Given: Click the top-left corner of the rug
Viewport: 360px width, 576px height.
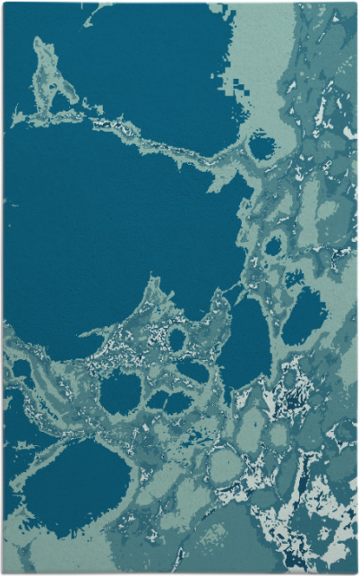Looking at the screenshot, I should click(x=4, y=3).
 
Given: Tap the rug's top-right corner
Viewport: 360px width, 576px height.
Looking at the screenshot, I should click(x=356, y=3).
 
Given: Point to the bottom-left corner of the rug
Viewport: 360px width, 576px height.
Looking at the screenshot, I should click(x=4, y=572).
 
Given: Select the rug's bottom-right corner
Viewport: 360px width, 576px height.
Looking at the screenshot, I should click(x=356, y=572).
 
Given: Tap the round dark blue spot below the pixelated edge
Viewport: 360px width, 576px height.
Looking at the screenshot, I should click(x=261, y=146).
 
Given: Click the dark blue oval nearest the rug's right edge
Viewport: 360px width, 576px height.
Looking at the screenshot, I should click(x=304, y=316).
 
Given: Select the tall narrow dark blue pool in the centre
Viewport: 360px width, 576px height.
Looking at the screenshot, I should click(x=246, y=345).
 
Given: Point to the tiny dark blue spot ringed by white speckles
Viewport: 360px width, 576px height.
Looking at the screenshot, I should click(x=177, y=340).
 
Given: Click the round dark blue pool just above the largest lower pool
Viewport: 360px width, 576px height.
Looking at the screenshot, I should click(x=120, y=392).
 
